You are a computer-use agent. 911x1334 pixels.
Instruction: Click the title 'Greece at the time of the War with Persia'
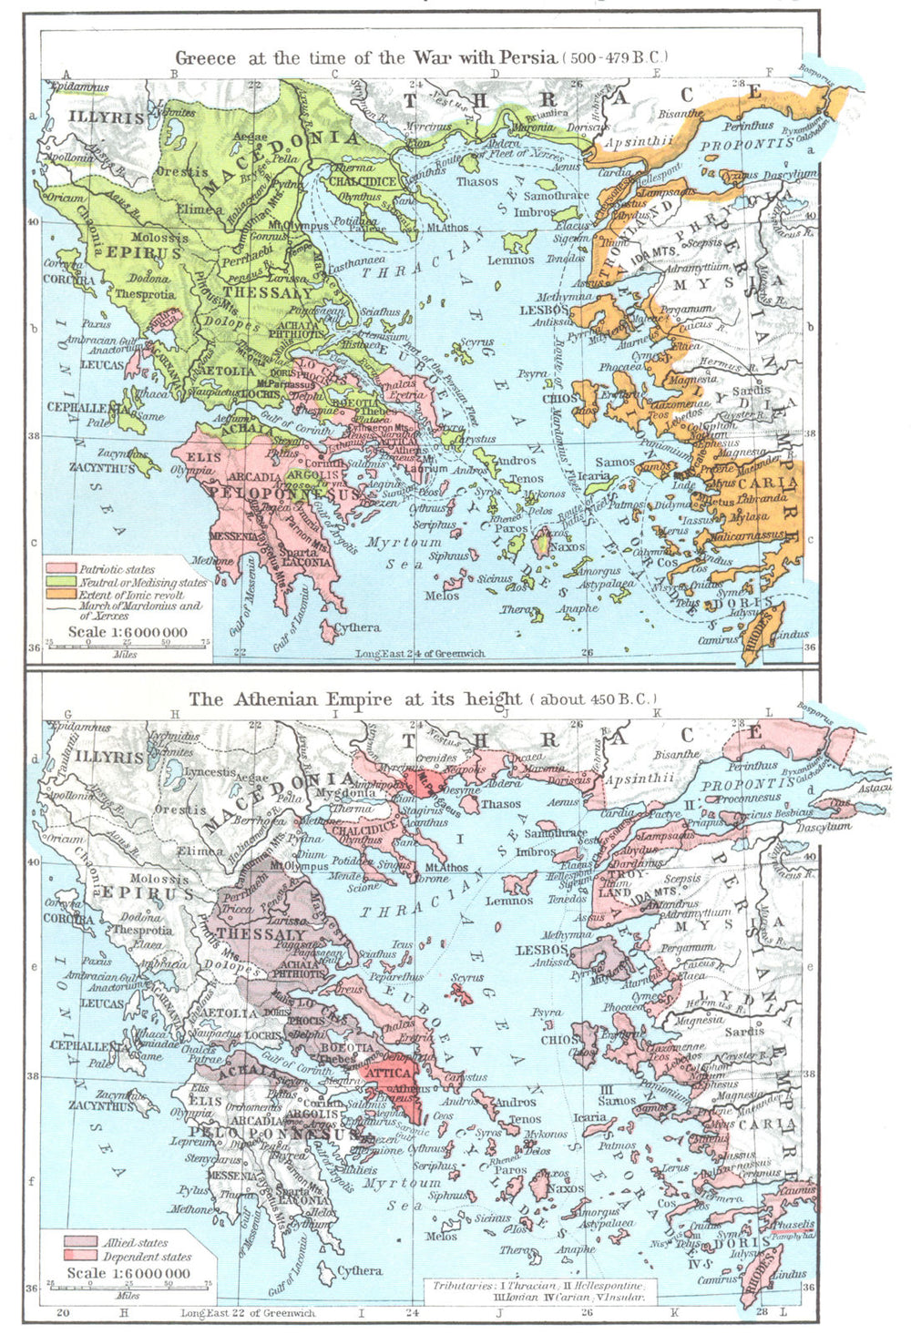pos(364,57)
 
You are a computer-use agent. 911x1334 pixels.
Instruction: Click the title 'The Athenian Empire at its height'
pos(355,699)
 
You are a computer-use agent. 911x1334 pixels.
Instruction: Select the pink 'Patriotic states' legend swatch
pos(60,569)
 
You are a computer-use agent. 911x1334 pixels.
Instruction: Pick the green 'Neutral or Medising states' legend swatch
pos(60,582)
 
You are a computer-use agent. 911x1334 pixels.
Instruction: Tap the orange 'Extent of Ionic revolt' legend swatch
pos(60,594)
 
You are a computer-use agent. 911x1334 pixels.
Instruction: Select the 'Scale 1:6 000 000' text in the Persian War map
pos(128,632)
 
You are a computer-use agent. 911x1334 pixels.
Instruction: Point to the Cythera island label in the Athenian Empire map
pos(359,1270)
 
